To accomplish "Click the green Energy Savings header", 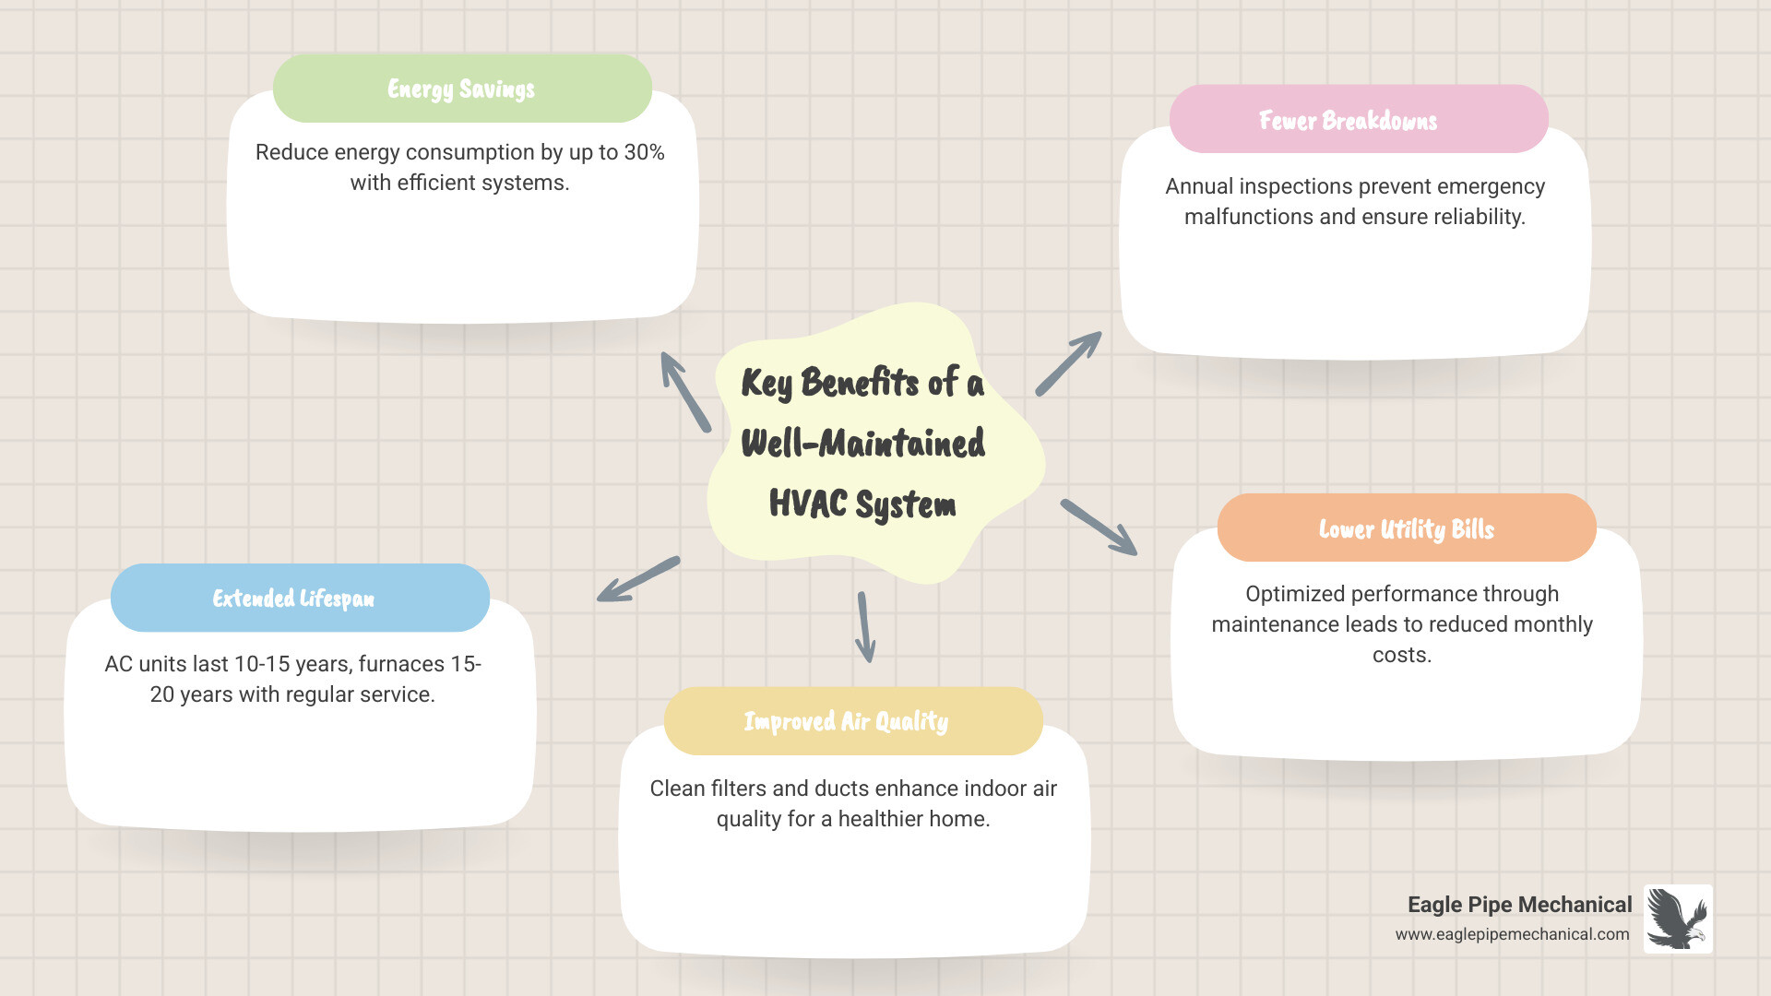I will click(462, 89).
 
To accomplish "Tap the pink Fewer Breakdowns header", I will click(1358, 120).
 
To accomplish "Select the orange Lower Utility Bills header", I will click(1406, 528).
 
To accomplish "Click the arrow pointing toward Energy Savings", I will click(684, 391).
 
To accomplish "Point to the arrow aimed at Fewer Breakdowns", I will click(1068, 363).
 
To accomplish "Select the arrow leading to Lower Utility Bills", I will click(1099, 528).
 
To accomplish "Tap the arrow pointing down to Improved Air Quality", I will click(864, 627).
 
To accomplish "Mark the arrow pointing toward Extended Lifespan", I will click(638, 579).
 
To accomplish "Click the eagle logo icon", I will click(1678, 919).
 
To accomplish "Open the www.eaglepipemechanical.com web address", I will click(1512, 934).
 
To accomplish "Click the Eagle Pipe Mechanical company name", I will click(1519, 905).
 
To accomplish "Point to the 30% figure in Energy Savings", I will click(644, 152).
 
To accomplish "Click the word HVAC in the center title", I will click(807, 504).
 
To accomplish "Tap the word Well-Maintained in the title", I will click(862, 443).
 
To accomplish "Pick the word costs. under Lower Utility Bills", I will click(1401, 655).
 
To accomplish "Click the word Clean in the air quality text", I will click(678, 788).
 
